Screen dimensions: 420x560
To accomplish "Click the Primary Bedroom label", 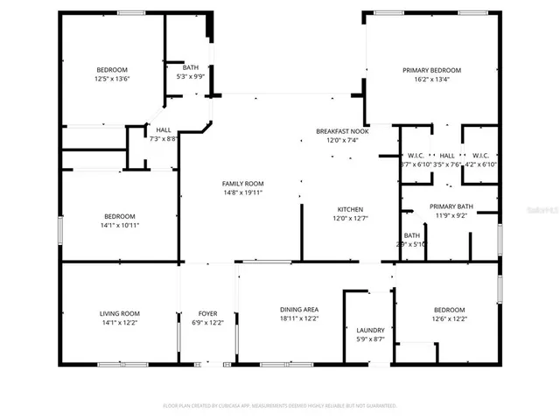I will (431, 70).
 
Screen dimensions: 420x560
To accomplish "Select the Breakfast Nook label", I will (342, 130).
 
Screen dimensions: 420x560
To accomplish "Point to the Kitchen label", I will (351, 209).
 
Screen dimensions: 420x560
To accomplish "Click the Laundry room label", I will (370, 330).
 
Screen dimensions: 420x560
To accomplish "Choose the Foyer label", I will (207, 313).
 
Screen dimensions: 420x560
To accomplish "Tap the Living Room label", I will (119, 313).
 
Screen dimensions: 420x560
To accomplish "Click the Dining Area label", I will (298, 310).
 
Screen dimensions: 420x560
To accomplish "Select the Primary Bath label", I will (451, 206).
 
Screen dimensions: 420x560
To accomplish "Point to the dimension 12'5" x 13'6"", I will (112, 79).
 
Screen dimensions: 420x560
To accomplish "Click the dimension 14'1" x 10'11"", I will (120, 225).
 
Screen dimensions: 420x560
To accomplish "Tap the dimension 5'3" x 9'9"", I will (190, 77).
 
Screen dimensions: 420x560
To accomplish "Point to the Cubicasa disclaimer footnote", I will (280, 405).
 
